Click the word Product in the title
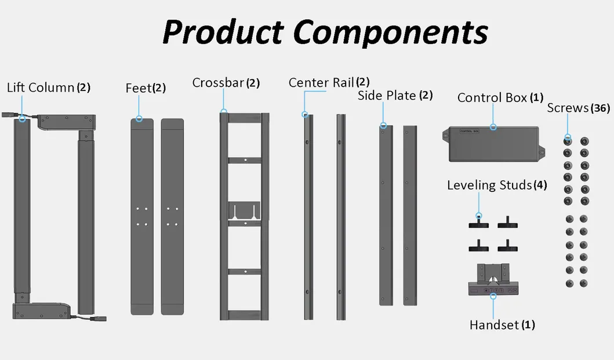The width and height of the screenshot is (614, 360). pos(223,32)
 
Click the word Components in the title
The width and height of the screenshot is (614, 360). pos(390,32)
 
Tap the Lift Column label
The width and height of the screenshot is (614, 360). pos(41,88)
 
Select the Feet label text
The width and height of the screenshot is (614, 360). pos(139,88)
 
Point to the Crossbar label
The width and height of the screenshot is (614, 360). pos(218,83)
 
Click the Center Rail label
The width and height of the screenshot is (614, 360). pos(321,83)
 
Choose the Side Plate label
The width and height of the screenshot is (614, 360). pos(387,96)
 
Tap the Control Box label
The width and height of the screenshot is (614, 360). pos(492,97)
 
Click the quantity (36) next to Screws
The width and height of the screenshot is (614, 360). pos(600,108)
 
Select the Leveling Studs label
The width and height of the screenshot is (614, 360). pos(489,185)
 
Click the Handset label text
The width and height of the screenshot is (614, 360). pos(494,325)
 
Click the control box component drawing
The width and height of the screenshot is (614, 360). pos(493,144)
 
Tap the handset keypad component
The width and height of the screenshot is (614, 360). pos(493,279)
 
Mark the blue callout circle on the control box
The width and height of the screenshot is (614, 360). pos(493,128)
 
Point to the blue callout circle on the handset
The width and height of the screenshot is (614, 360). pos(493,297)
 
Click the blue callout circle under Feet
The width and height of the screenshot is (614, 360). pos(139,119)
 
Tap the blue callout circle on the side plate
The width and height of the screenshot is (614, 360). pos(383,126)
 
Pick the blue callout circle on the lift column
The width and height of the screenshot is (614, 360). pos(22,118)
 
